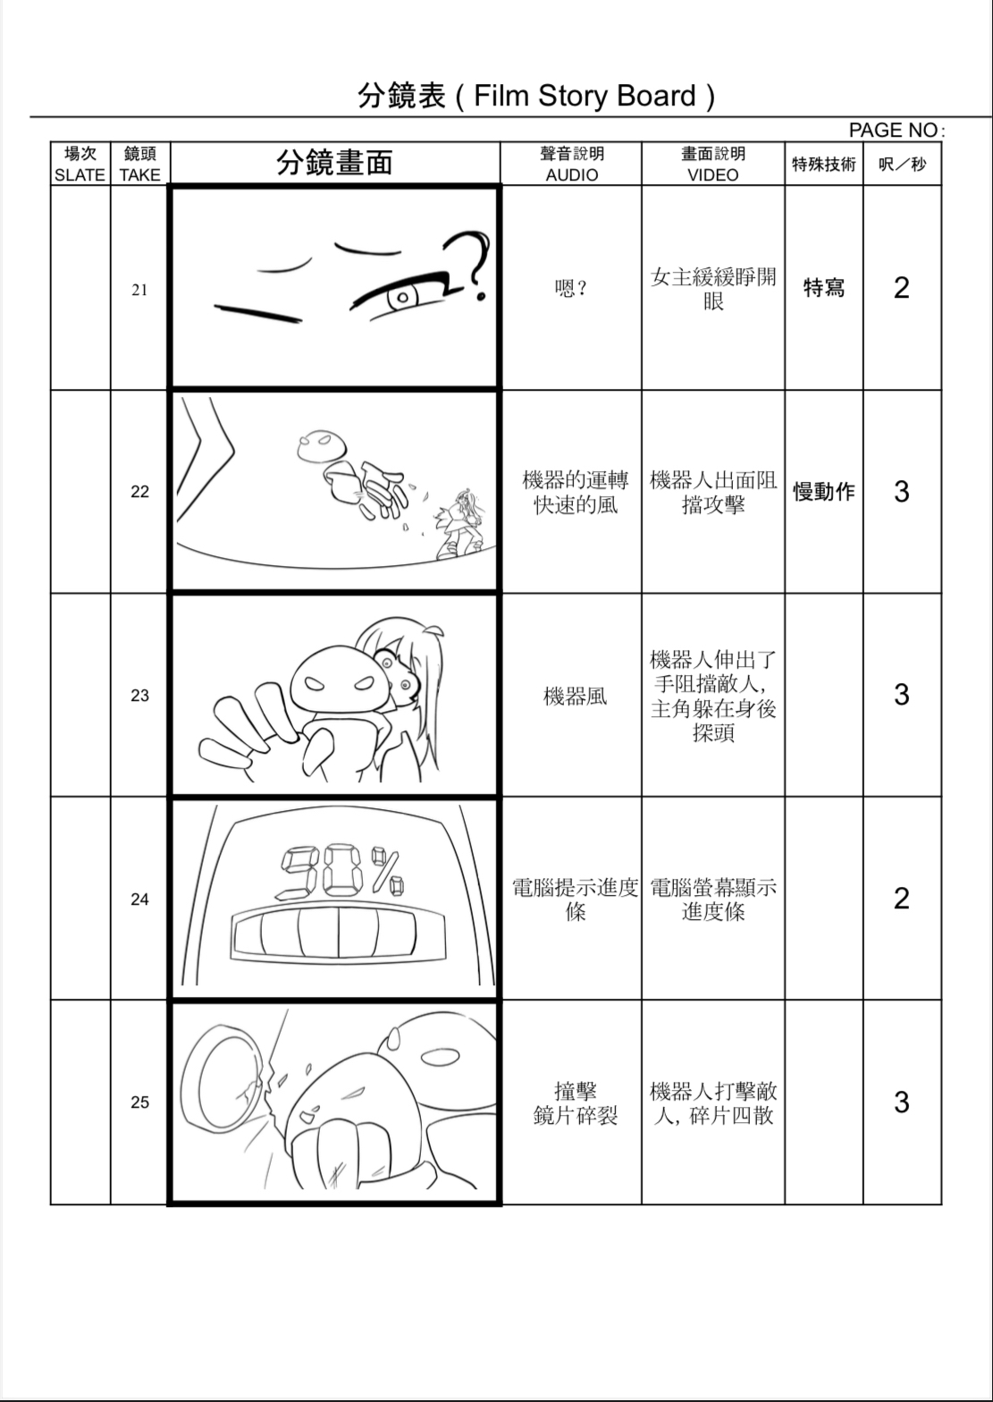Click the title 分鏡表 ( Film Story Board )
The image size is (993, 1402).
536,96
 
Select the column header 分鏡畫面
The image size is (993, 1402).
334,163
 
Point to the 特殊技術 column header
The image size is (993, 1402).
823,164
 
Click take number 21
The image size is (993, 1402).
139,289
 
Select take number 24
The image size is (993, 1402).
139,899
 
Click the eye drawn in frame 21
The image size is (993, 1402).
405,296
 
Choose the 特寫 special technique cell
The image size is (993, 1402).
823,288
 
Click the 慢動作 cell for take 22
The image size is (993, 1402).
823,492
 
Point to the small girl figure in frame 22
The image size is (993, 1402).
461,525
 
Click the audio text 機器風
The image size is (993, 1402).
575,696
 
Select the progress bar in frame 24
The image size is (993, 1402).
338,933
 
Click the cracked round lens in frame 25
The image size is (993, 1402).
227,1074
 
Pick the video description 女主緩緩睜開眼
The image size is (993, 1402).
712,288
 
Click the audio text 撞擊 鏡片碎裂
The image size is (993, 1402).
575,1103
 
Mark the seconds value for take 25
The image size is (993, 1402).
901,1102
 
